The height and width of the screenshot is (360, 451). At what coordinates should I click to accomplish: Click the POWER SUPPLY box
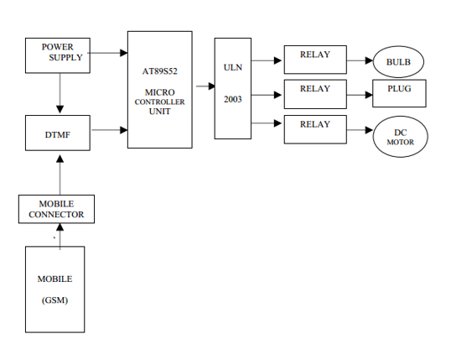tap(58, 54)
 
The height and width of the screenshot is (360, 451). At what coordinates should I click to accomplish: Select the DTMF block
tap(58, 133)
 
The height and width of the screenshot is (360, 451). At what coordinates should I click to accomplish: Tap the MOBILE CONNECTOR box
tap(57, 209)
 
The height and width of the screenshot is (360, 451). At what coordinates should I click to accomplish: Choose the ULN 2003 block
tap(232, 88)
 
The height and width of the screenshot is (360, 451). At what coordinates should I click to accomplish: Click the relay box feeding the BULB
tap(315, 60)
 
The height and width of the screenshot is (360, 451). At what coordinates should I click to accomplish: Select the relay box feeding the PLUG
tap(315, 92)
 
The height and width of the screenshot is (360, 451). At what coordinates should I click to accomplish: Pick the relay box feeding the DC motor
tap(315, 128)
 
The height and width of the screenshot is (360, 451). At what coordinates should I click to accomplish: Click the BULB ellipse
tap(399, 62)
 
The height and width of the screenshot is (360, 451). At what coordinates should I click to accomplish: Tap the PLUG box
tap(399, 92)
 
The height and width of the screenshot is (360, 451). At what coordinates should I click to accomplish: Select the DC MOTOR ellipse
tap(400, 137)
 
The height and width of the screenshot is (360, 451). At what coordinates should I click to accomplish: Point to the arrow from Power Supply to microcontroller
tap(107, 53)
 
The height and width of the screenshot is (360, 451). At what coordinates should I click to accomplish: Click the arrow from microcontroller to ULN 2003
tap(203, 86)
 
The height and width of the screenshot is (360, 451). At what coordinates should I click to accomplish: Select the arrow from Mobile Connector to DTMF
tap(60, 174)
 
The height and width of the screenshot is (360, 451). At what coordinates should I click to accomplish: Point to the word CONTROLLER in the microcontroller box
tap(159, 102)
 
